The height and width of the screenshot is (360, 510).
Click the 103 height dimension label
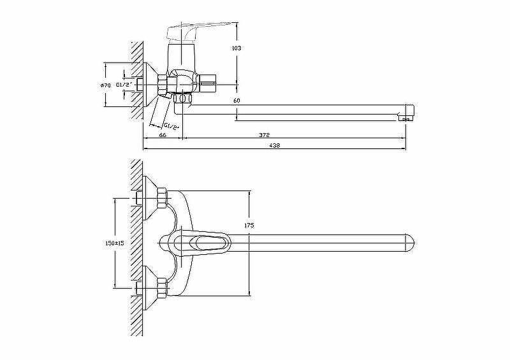coord(237,48)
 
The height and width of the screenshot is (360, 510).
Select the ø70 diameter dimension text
coord(105,85)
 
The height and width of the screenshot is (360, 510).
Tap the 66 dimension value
coord(163,134)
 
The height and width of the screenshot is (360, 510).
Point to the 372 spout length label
coord(265,134)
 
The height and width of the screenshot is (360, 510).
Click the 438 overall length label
coord(275,145)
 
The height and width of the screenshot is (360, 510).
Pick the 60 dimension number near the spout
coord(237,101)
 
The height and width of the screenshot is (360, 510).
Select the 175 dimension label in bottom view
coord(249,225)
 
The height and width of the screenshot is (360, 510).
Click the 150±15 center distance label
coord(115,243)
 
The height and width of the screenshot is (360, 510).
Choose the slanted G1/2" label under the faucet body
coord(171,126)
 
